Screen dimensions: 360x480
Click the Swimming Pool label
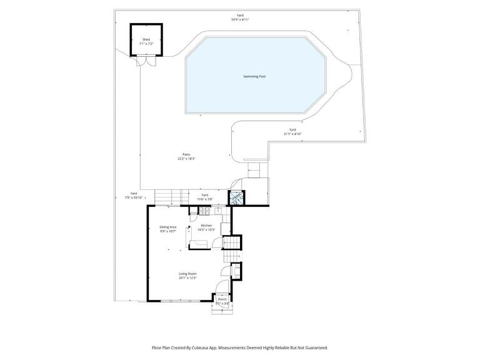254,76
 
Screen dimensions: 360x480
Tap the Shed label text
146,39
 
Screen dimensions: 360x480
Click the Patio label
186,154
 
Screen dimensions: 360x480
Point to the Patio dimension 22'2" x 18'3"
186,159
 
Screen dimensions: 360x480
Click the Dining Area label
167,226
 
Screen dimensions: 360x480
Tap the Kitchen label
206,225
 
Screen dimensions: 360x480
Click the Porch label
222,299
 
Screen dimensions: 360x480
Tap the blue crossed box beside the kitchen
237,198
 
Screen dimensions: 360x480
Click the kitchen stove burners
204,211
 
